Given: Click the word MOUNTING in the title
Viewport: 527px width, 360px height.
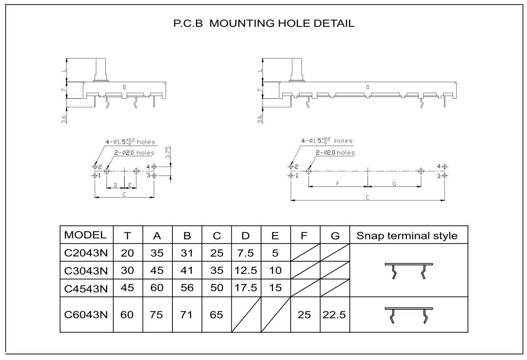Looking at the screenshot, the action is (242, 23).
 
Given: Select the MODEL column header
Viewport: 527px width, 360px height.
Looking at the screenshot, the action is (85, 235).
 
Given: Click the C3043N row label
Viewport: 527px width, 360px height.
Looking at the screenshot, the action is (86, 271).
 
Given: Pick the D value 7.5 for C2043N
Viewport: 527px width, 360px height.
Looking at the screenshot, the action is (245, 253).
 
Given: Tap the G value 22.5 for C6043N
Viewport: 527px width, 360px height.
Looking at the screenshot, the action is (334, 315).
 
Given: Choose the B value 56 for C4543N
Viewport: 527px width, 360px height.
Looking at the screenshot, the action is (187, 288).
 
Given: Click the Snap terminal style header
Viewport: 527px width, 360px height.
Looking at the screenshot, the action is (407, 236).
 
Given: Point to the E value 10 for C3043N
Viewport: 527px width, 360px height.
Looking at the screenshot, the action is (275, 270).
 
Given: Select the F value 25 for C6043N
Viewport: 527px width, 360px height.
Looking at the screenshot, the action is (304, 315).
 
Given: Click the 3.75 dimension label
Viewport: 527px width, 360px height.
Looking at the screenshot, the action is (168, 153).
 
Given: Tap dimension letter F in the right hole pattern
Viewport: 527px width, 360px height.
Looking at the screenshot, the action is (338, 184).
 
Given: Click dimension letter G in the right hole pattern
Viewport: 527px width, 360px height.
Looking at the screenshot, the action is (394, 184).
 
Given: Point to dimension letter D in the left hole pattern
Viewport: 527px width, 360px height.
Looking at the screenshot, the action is (115, 185).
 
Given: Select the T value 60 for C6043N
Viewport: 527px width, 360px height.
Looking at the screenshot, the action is (127, 315).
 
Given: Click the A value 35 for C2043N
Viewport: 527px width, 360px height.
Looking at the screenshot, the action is (157, 253).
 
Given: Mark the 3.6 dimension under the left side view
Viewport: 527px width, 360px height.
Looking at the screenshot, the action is (64, 120).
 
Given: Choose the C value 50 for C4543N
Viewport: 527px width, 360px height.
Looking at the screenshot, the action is (217, 288).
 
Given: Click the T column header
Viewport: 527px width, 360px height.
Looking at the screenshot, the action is (127, 236).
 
